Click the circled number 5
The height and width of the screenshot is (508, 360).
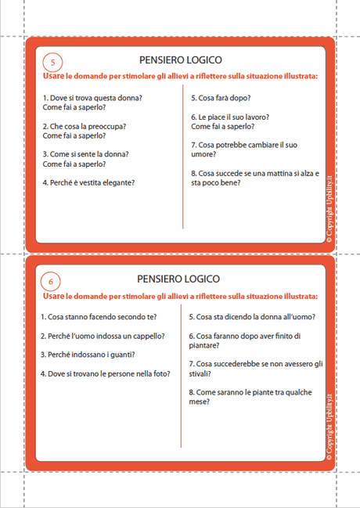pyautogui.click(x=52, y=63)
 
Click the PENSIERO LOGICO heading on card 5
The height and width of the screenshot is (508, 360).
pyautogui.click(x=180, y=59)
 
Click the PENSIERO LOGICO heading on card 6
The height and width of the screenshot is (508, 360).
pyautogui.click(x=178, y=279)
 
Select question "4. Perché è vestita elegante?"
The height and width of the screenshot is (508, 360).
pyautogui.click(x=88, y=182)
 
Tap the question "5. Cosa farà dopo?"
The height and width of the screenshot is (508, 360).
pyautogui.click(x=221, y=98)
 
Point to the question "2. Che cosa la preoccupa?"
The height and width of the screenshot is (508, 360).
pyautogui.click(x=85, y=126)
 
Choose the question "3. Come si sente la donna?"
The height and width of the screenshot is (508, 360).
pyautogui.click(x=86, y=154)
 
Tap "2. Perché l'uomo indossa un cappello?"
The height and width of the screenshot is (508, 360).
pyautogui.click(x=103, y=336)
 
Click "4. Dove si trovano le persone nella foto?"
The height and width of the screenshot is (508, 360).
pyautogui.click(x=105, y=373)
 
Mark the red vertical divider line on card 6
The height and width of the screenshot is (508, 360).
pyautogui.click(x=182, y=376)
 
